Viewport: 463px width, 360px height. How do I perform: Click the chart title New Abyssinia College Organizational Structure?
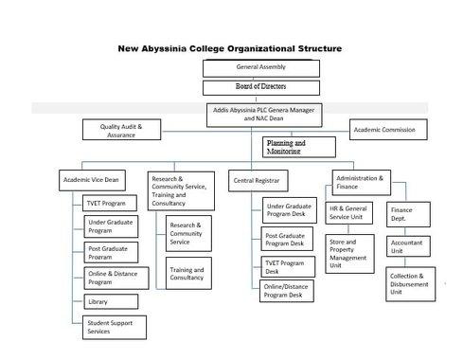coord(231,47)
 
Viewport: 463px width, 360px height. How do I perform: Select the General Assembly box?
coord(260,67)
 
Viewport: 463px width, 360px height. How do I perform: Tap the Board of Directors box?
coord(260,88)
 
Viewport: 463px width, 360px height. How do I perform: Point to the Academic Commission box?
coord(390,129)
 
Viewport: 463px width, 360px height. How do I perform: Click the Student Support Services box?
coord(112,327)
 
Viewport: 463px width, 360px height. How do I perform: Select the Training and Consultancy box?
coord(187,274)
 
